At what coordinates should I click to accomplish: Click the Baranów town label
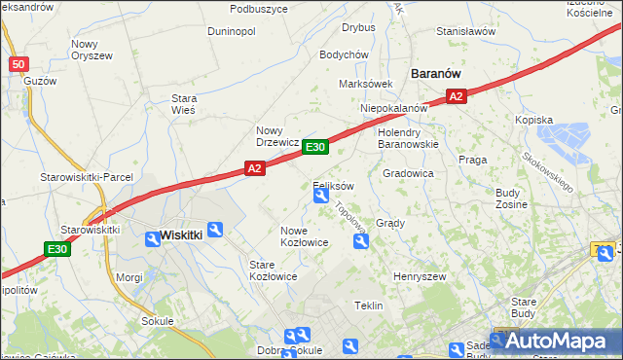[x=435, y=73]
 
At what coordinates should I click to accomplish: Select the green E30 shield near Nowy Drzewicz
[x=314, y=147]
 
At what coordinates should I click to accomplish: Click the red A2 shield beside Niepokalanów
[x=458, y=95]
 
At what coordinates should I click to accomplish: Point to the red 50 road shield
[x=18, y=64]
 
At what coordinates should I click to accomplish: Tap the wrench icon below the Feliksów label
[x=320, y=198]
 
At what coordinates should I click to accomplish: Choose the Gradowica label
[x=408, y=173]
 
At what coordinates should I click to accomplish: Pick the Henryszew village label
[x=419, y=276]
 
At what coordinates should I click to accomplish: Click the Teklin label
[x=368, y=306]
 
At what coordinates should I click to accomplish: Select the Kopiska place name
[x=562, y=120]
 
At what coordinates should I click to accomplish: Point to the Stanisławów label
[x=465, y=31]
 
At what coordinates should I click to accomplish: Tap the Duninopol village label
[x=231, y=31]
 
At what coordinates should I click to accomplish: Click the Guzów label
[x=40, y=81]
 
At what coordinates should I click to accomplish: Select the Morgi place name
[x=129, y=277]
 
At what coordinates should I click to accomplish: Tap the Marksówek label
[x=365, y=84]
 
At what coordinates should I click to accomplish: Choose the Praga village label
[x=472, y=159]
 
